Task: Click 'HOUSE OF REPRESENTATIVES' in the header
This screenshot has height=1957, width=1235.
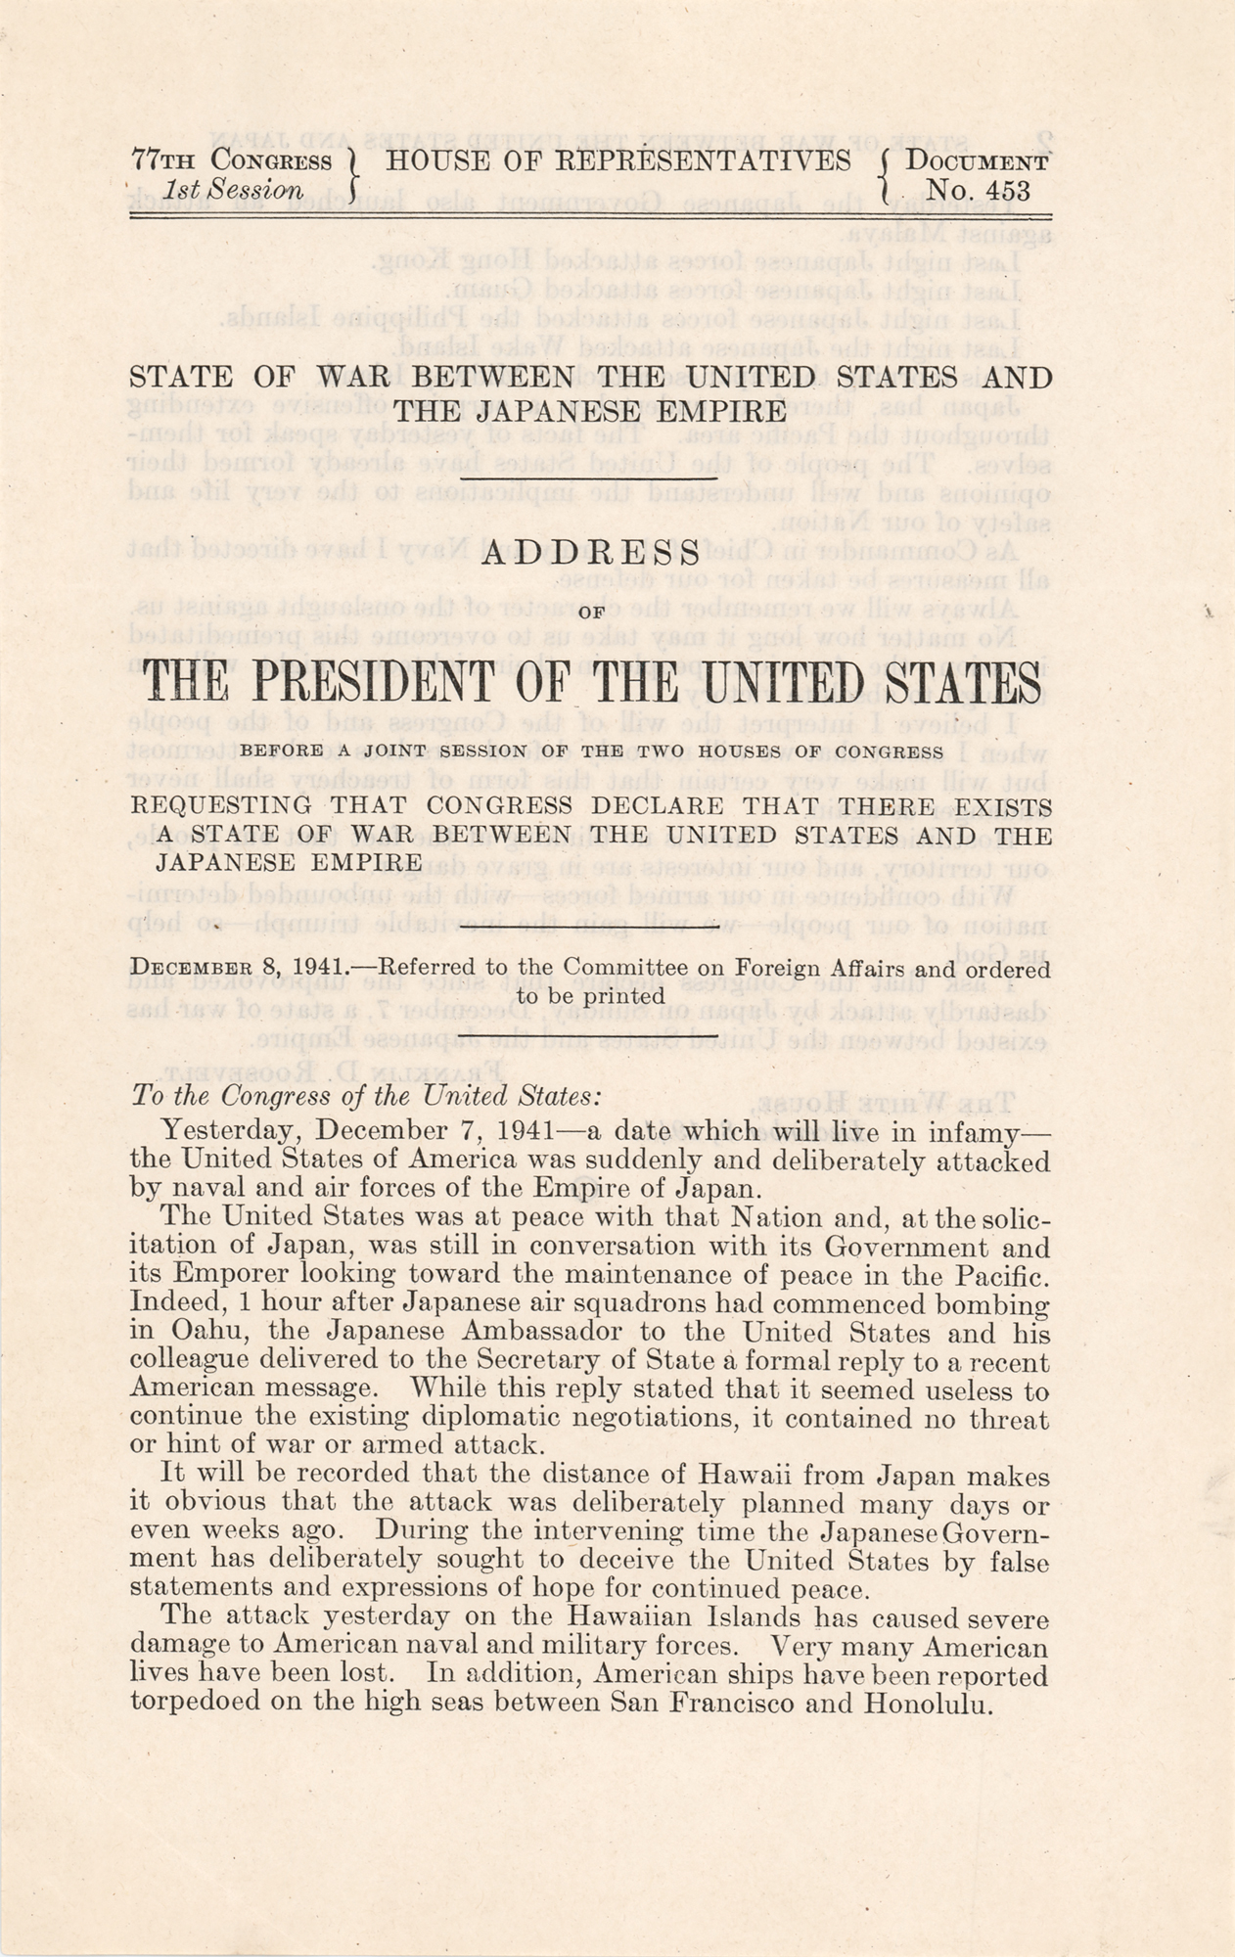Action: (x=618, y=162)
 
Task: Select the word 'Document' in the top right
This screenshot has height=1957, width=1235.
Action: (x=978, y=162)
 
